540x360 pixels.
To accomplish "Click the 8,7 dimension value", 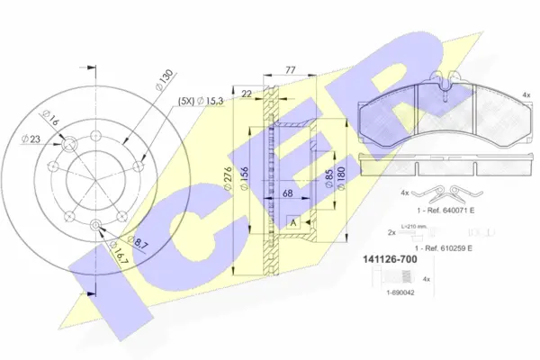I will tap(138, 241).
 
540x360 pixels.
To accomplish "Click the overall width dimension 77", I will tap(291, 68).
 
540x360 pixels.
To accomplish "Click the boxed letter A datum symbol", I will tap(292, 221).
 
